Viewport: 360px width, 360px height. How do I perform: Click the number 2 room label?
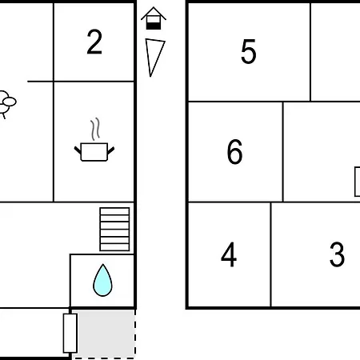94,42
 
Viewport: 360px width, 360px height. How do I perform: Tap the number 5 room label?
249,51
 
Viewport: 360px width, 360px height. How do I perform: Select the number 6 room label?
235,151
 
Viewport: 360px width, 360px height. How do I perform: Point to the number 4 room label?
229,254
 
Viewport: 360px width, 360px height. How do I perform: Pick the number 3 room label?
337,254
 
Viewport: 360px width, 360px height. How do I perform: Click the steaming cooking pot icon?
94,139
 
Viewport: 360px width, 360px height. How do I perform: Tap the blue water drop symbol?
102,280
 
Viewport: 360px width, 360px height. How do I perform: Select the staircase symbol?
114,230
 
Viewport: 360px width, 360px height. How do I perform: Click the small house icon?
154,18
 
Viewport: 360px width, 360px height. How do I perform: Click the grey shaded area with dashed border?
103,334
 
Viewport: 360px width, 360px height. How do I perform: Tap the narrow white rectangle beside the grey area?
70,333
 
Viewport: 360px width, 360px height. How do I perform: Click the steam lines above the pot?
95,129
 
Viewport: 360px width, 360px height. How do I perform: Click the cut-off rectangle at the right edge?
358,182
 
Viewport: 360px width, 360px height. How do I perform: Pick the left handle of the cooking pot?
78,150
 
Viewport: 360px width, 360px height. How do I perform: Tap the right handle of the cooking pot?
111,150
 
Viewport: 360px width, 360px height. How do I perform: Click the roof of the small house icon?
154,13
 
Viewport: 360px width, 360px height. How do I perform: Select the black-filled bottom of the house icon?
154,26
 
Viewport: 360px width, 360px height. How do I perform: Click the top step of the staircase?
114,211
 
